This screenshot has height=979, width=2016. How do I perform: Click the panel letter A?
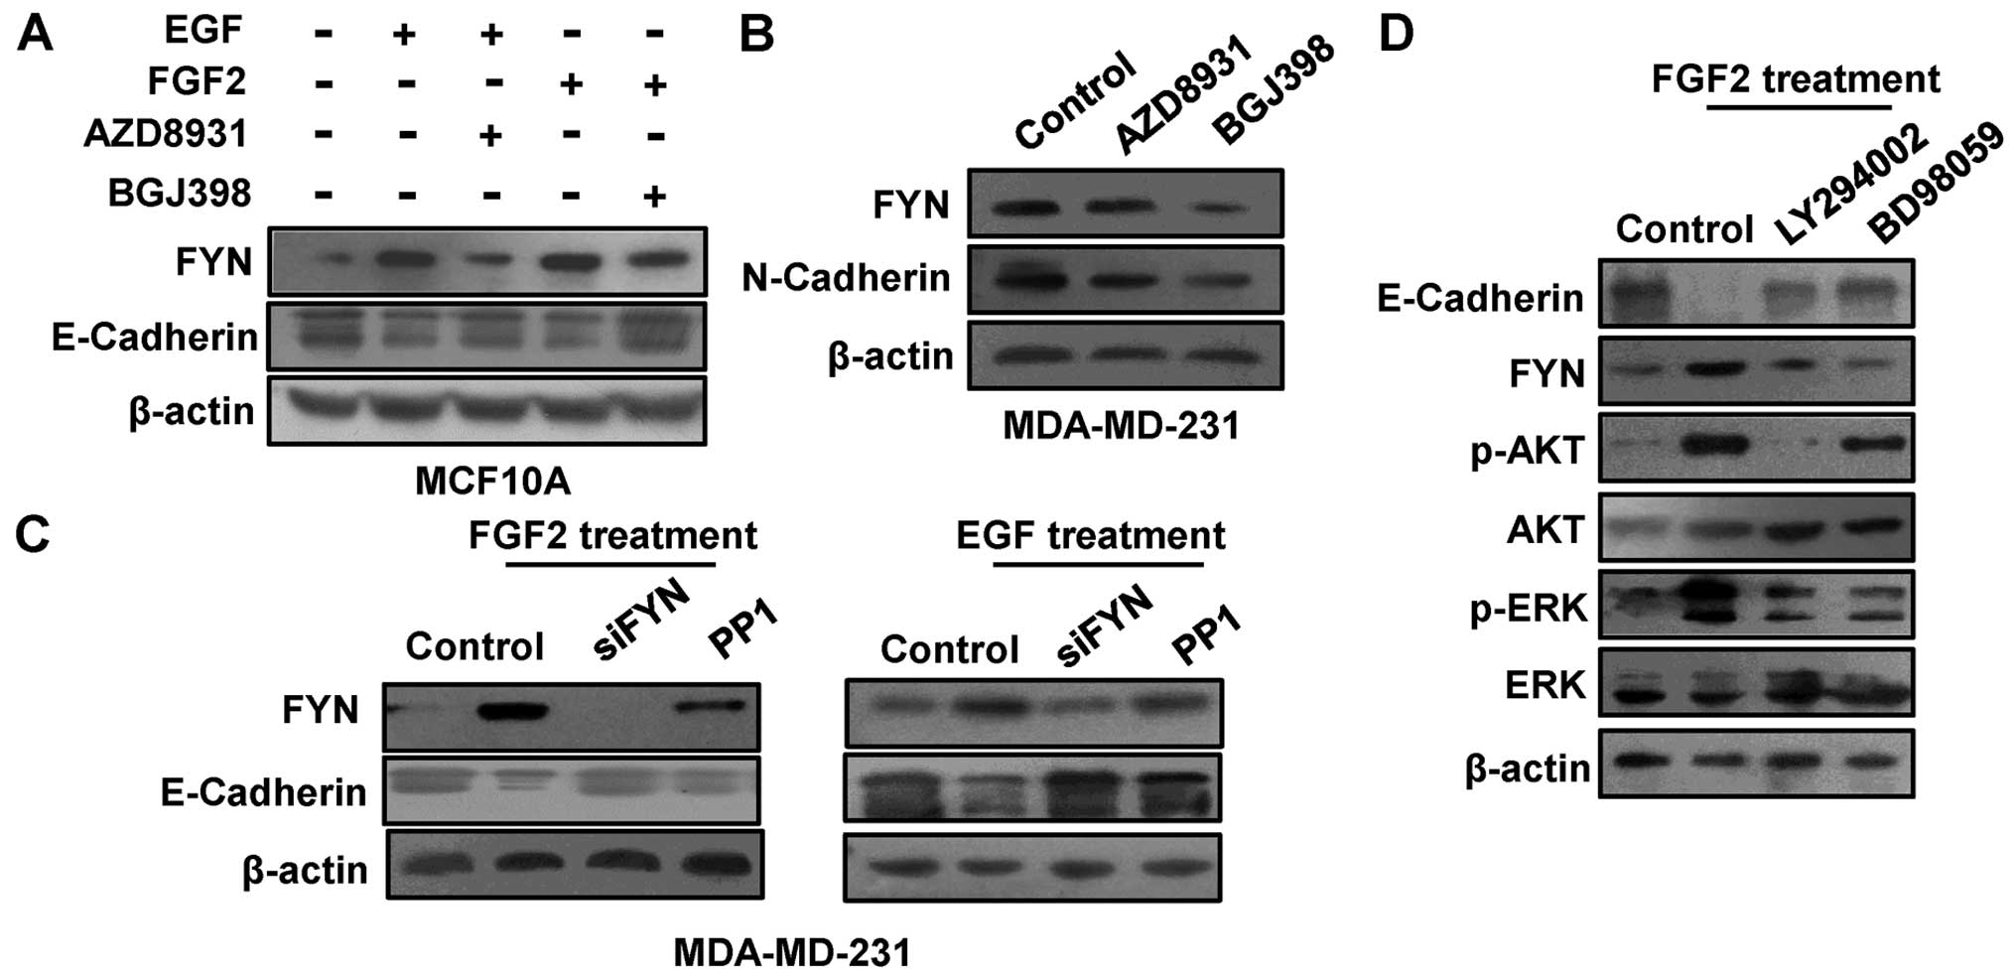36,35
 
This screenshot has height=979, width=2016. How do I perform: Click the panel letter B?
756,35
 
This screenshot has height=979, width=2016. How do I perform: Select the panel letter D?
1396,35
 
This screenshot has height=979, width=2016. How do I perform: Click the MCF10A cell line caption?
492,482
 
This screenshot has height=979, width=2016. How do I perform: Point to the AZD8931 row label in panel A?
165,134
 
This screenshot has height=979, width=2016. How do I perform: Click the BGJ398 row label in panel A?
179,192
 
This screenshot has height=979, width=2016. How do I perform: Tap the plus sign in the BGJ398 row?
653,196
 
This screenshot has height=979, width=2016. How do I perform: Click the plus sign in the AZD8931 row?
490,135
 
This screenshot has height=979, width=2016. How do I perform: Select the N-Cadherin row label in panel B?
846,278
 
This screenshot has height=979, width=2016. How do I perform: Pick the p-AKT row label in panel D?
1527,451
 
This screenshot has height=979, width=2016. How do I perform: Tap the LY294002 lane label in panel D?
1848,186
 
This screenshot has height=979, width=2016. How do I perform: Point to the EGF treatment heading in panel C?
1090,536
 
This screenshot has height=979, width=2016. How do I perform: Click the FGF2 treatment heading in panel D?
1795,78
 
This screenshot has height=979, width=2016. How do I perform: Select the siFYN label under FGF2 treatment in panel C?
641,622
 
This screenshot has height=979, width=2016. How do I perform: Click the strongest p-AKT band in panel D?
1713,446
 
